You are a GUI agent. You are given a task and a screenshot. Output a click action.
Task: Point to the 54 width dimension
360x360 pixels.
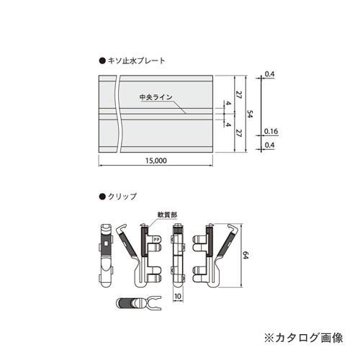coord(249,113)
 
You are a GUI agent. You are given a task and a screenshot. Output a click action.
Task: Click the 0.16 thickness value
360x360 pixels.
coord(271,131)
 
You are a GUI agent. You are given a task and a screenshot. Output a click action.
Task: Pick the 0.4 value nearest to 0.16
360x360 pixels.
coord(271,145)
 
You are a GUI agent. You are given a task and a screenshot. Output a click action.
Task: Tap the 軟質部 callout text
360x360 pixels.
coord(166,214)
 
